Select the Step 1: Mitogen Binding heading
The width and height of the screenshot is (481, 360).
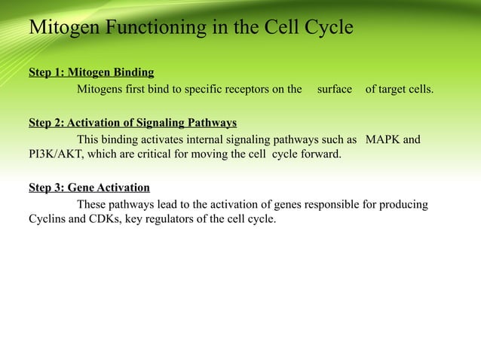pyautogui.click(x=91, y=73)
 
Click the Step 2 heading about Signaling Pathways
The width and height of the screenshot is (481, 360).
pyautogui.click(x=133, y=123)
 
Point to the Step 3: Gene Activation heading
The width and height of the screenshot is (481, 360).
pyautogui.click(x=89, y=188)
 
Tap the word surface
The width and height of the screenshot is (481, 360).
pyautogui.click(x=334, y=90)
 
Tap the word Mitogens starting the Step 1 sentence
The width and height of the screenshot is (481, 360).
pyautogui.click(x=101, y=90)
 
